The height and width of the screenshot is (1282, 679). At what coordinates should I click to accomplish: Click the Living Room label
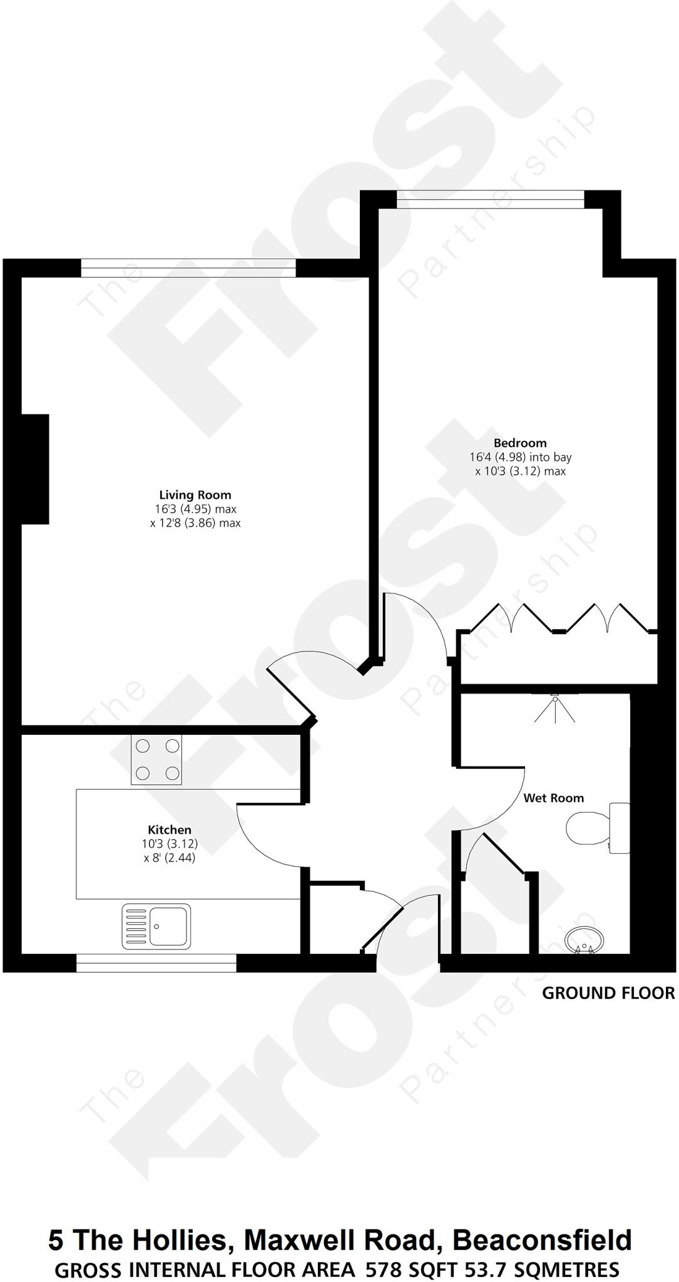(x=195, y=495)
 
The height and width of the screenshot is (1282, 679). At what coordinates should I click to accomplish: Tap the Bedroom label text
(x=519, y=443)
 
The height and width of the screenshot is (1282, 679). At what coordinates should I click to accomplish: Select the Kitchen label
(x=169, y=830)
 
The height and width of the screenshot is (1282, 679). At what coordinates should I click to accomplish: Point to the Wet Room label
(x=553, y=797)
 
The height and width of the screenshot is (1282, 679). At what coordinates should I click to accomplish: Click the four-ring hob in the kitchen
(x=156, y=760)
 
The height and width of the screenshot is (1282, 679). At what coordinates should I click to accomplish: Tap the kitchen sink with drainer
(x=156, y=926)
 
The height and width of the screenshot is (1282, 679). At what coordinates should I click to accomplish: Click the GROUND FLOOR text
(x=608, y=993)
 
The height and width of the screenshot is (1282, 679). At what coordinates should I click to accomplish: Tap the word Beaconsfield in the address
(x=542, y=1239)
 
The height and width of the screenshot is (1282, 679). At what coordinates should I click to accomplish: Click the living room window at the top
(x=188, y=268)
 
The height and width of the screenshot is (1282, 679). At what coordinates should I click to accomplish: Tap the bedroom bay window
(x=491, y=199)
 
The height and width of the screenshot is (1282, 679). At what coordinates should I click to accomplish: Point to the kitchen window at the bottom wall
(x=156, y=962)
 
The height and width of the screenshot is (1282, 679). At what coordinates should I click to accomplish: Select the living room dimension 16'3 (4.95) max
(x=195, y=509)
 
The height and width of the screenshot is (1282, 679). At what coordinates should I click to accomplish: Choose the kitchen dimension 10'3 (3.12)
(x=169, y=844)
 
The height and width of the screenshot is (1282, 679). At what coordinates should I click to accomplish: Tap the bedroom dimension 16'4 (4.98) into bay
(x=520, y=458)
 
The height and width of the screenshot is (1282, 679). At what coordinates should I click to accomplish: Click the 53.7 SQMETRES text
(x=544, y=1269)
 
